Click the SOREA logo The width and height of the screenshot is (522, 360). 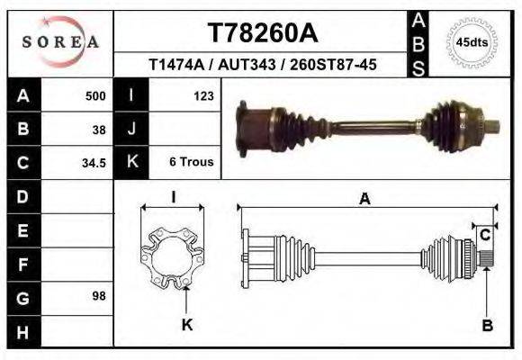[x=59, y=41]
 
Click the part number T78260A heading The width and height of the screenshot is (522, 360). [x=262, y=32]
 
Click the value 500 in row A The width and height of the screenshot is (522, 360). [x=94, y=95]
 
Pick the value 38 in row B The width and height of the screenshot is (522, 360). [x=99, y=129]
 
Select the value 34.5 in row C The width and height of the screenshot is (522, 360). [x=94, y=163]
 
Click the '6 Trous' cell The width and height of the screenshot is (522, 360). [x=191, y=163]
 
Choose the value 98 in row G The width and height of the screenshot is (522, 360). [x=99, y=296]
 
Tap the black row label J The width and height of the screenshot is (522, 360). [x=131, y=129]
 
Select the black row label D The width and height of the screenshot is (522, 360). [x=22, y=196]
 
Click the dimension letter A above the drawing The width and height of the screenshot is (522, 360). [x=364, y=200]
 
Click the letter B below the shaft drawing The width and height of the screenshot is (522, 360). [x=487, y=326]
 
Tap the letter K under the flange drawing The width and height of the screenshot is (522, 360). [x=186, y=325]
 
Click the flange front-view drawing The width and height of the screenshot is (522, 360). [x=173, y=256]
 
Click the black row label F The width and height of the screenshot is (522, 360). [x=22, y=265]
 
